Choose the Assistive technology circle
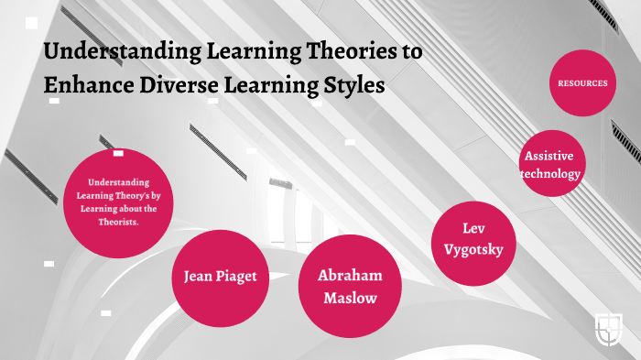(551, 164)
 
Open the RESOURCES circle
(582, 83)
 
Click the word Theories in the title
(345, 51)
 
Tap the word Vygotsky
(473, 249)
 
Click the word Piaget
(244, 276)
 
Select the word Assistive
(550, 156)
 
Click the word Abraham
(350, 276)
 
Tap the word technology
(551, 173)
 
